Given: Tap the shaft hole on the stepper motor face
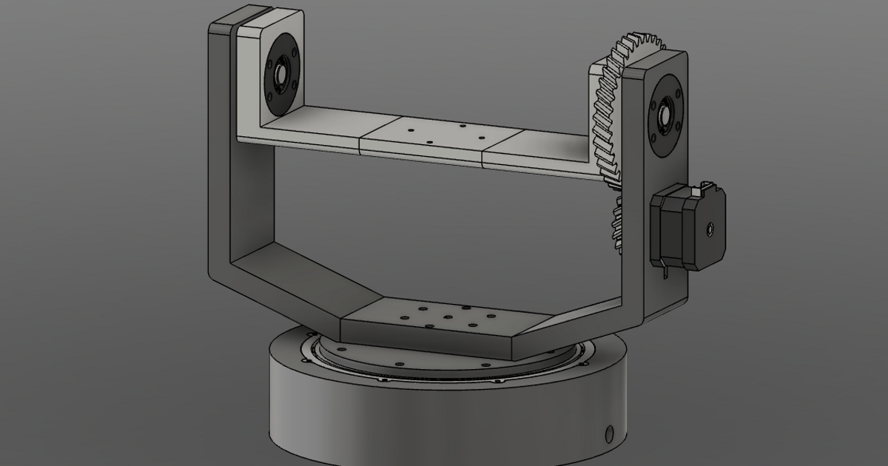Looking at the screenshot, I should pos(711,229).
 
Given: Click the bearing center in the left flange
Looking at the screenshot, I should pos(281,74).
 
